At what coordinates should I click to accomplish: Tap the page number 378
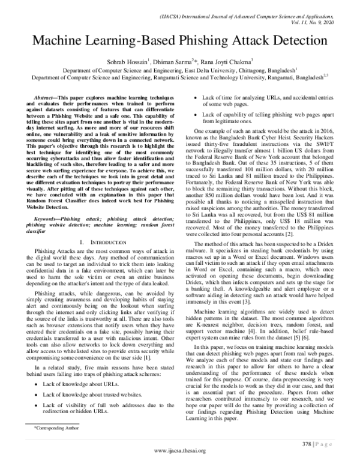click(x=304, y=443)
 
